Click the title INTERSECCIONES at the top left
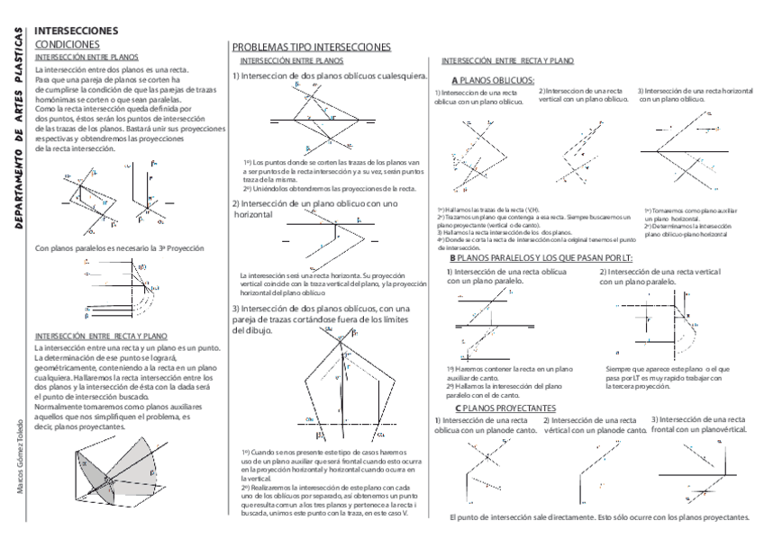point(75,31)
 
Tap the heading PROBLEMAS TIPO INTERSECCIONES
point(311,47)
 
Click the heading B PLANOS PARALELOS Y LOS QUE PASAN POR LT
point(541,258)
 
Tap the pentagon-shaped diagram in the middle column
point(341,382)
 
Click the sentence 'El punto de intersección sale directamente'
point(598,517)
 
